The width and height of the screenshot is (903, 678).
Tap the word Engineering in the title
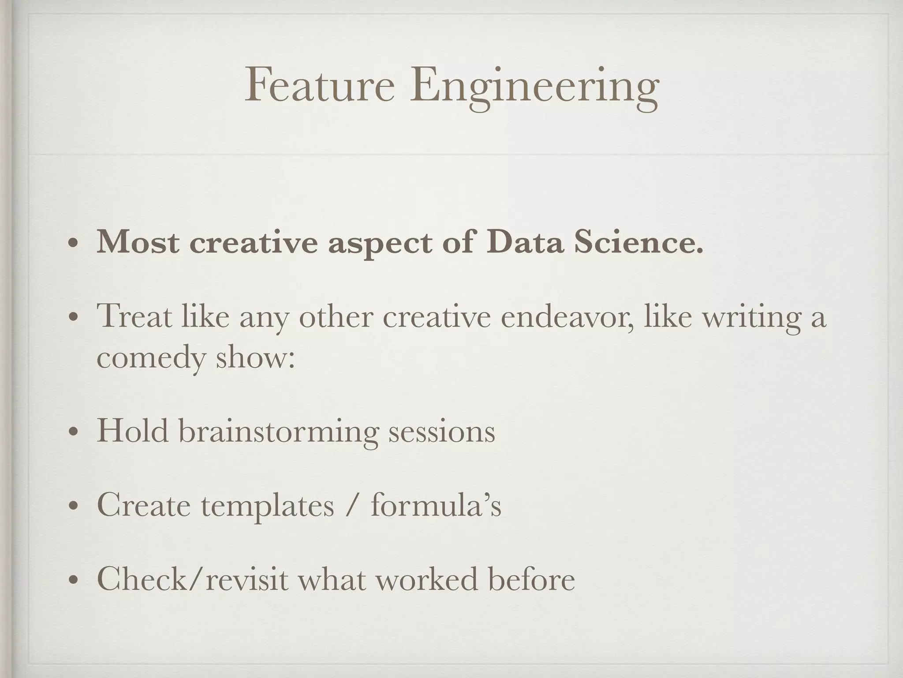[x=534, y=87]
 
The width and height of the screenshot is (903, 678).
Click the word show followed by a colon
[x=255, y=357]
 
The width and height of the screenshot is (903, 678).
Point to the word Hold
[x=132, y=430]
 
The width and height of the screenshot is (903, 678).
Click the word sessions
[x=441, y=432]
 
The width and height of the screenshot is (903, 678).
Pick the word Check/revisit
[x=192, y=579]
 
